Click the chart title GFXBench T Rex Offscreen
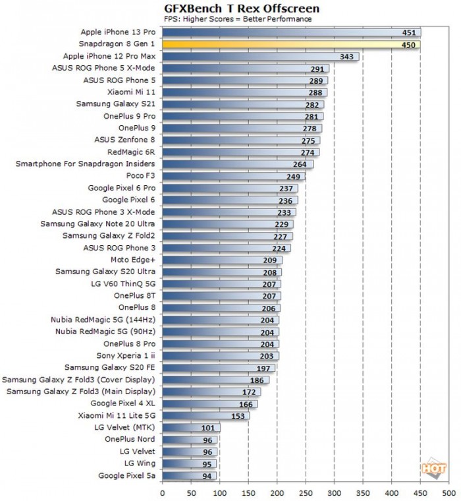(236, 8)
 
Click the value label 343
(346, 57)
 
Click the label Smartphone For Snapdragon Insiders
(85, 164)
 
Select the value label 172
(250, 392)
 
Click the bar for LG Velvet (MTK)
(191, 427)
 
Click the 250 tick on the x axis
(306, 492)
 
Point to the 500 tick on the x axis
(449, 492)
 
